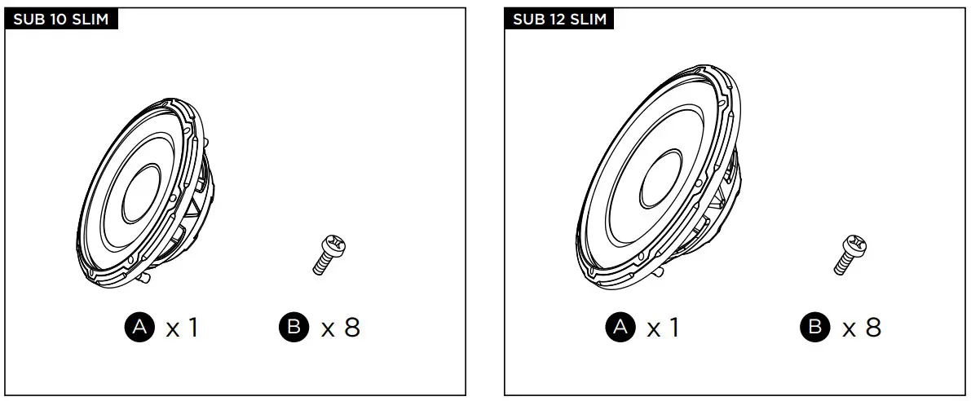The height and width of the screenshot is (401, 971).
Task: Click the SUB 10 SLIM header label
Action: (60, 20)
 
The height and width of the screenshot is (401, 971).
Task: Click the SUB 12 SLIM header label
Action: (560, 20)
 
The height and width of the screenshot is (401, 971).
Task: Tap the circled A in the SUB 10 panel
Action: (140, 327)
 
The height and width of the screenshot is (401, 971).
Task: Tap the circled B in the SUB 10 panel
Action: (294, 327)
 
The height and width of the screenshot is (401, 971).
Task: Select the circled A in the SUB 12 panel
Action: (620, 327)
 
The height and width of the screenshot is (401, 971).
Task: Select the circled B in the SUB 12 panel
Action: (815, 327)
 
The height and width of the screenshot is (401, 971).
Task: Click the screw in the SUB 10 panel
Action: (329, 255)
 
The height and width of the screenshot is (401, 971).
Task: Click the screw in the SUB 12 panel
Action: (850, 255)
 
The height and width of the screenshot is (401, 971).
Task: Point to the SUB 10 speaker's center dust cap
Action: (141, 194)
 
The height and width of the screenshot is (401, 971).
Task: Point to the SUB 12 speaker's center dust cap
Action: (660, 178)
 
